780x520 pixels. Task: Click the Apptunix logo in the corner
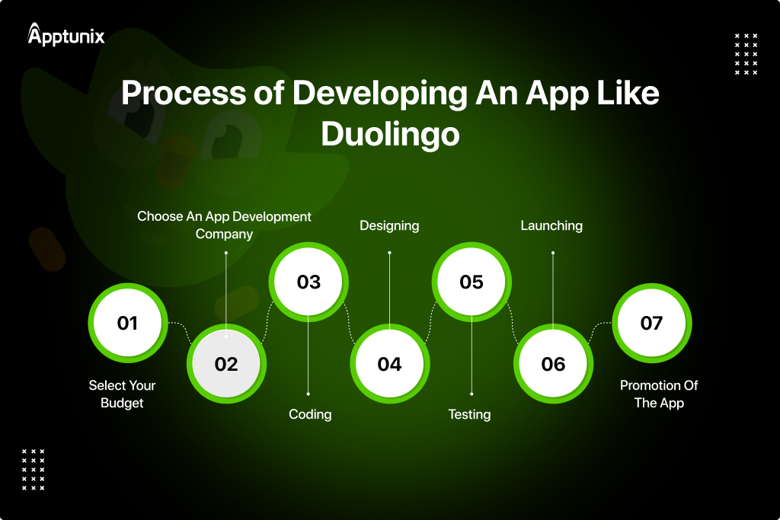(x=66, y=34)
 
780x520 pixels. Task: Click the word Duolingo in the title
(x=390, y=134)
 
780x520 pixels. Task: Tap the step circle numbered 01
(x=127, y=323)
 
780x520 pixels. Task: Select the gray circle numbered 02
(x=226, y=364)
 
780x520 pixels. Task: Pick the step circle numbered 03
(x=308, y=282)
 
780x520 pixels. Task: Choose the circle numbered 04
(x=389, y=364)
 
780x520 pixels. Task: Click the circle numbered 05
(x=472, y=282)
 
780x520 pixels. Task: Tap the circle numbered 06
(x=553, y=364)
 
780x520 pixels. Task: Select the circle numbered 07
(x=651, y=323)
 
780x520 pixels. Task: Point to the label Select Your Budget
(x=122, y=394)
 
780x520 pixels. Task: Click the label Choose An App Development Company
(x=224, y=225)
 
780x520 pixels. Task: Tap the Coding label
(x=310, y=414)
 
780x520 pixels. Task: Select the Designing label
(x=389, y=225)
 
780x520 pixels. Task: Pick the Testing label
(x=469, y=414)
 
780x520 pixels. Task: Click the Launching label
(x=551, y=225)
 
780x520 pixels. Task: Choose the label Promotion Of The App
(x=659, y=394)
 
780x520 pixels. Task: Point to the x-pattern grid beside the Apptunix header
(x=746, y=54)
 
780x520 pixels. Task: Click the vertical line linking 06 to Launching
(x=553, y=289)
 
